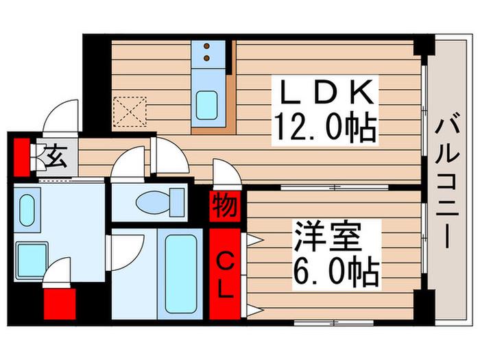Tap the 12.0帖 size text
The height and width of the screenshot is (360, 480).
[x=326, y=128]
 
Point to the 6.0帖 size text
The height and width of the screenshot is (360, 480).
[x=337, y=272]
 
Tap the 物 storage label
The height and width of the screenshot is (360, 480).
[x=225, y=206]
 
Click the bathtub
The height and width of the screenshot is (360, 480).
[x=180, y=274]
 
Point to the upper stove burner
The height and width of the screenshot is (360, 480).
[x=206, y=47]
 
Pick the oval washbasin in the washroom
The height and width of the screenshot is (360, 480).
[x=27, y=210]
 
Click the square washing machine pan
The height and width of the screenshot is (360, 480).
[x=32, y=260]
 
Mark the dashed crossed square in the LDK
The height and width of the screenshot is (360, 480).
[x=130, y=111]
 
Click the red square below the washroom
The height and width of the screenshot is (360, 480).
[x=60, y=304]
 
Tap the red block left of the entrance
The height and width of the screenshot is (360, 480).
[x=22, y=157]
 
